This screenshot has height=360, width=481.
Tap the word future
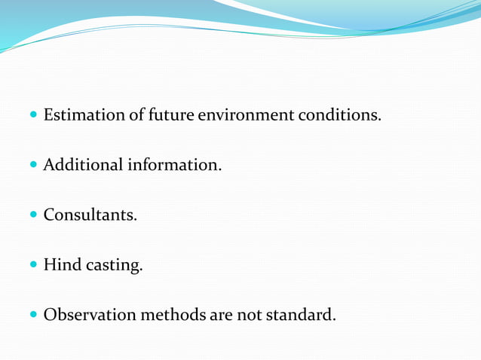tap(172, 115)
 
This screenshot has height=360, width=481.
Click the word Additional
tap(81, 164)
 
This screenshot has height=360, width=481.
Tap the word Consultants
tap(90, 215)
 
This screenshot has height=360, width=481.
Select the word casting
tap(114, 266)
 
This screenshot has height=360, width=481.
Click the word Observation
tap(91, 314)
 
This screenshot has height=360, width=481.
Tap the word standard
tap(302, 314)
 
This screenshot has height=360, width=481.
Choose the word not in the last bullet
tap(249, 314)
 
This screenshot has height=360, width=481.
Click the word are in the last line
tap(219, 315)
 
